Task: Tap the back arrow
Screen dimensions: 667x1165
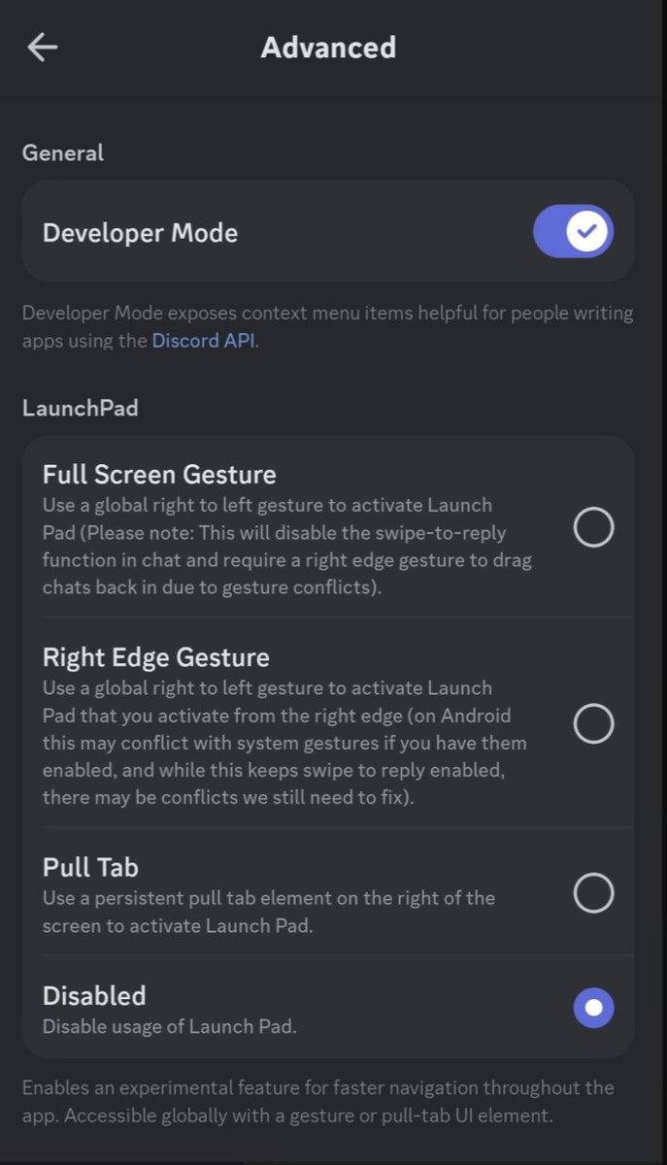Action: (42, 47)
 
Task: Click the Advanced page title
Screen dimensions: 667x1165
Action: (328, 48)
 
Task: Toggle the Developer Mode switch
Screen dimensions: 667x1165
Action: (574, 231)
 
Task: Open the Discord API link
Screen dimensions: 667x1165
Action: (204, 341)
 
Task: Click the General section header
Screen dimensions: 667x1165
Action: (63, 153)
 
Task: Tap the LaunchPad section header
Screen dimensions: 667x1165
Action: (81, 409)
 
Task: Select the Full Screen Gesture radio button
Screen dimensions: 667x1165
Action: (593, 527)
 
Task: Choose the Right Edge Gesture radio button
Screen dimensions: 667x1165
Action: (593, 723)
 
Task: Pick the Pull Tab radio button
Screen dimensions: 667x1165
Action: (593, 893)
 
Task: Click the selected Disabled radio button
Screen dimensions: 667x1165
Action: (593, 1008)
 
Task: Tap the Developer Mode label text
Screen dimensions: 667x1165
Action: (141, 233)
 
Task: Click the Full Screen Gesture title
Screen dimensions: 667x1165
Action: (159, 475)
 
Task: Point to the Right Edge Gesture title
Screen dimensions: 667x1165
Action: (156, 657)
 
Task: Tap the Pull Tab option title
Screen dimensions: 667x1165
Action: (90, 868)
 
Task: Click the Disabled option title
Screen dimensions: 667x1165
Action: (94, 996)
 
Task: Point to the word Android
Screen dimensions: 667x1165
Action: (476, 716)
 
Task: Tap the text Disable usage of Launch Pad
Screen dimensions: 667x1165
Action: (170, 1027)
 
